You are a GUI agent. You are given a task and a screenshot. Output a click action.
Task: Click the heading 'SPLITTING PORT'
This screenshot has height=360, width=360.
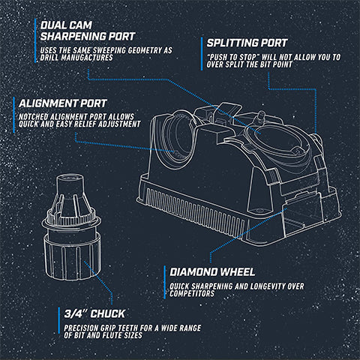pos(247,43)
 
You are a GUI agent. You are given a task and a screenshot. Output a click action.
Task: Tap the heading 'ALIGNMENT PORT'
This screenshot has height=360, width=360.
pos(63,103)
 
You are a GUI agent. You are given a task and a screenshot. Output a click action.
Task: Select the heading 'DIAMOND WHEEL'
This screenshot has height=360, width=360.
pos(212,272)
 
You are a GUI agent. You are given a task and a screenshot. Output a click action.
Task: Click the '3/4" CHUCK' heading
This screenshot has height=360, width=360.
pos(94,313)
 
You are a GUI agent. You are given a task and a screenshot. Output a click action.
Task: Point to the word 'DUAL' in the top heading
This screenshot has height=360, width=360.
pos(53,25)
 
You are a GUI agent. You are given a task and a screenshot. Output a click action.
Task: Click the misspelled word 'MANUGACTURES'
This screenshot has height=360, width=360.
pos(87,58)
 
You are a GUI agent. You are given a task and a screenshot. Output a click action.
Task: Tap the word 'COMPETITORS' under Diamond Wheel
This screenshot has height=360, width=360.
pos(192,293)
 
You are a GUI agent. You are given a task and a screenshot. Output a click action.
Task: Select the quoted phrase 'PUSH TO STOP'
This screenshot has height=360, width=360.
pos(232,57)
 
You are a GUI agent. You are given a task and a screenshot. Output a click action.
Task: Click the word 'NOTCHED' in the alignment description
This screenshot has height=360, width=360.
pos(34,117)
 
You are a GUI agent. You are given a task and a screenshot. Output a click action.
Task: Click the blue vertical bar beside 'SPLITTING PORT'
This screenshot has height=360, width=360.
pos(202,54)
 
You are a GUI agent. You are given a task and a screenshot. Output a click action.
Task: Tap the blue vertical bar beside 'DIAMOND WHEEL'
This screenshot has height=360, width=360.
pos(165,282)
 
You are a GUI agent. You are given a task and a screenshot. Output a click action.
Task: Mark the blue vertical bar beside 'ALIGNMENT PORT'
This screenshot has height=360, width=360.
pos(14,115)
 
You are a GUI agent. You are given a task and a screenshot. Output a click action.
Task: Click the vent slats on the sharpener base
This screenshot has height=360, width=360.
pos(197,212)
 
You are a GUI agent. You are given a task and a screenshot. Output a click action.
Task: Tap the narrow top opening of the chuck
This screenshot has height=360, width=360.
pos(70,178)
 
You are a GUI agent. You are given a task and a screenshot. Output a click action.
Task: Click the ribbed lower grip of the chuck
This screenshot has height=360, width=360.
pos(73,257)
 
